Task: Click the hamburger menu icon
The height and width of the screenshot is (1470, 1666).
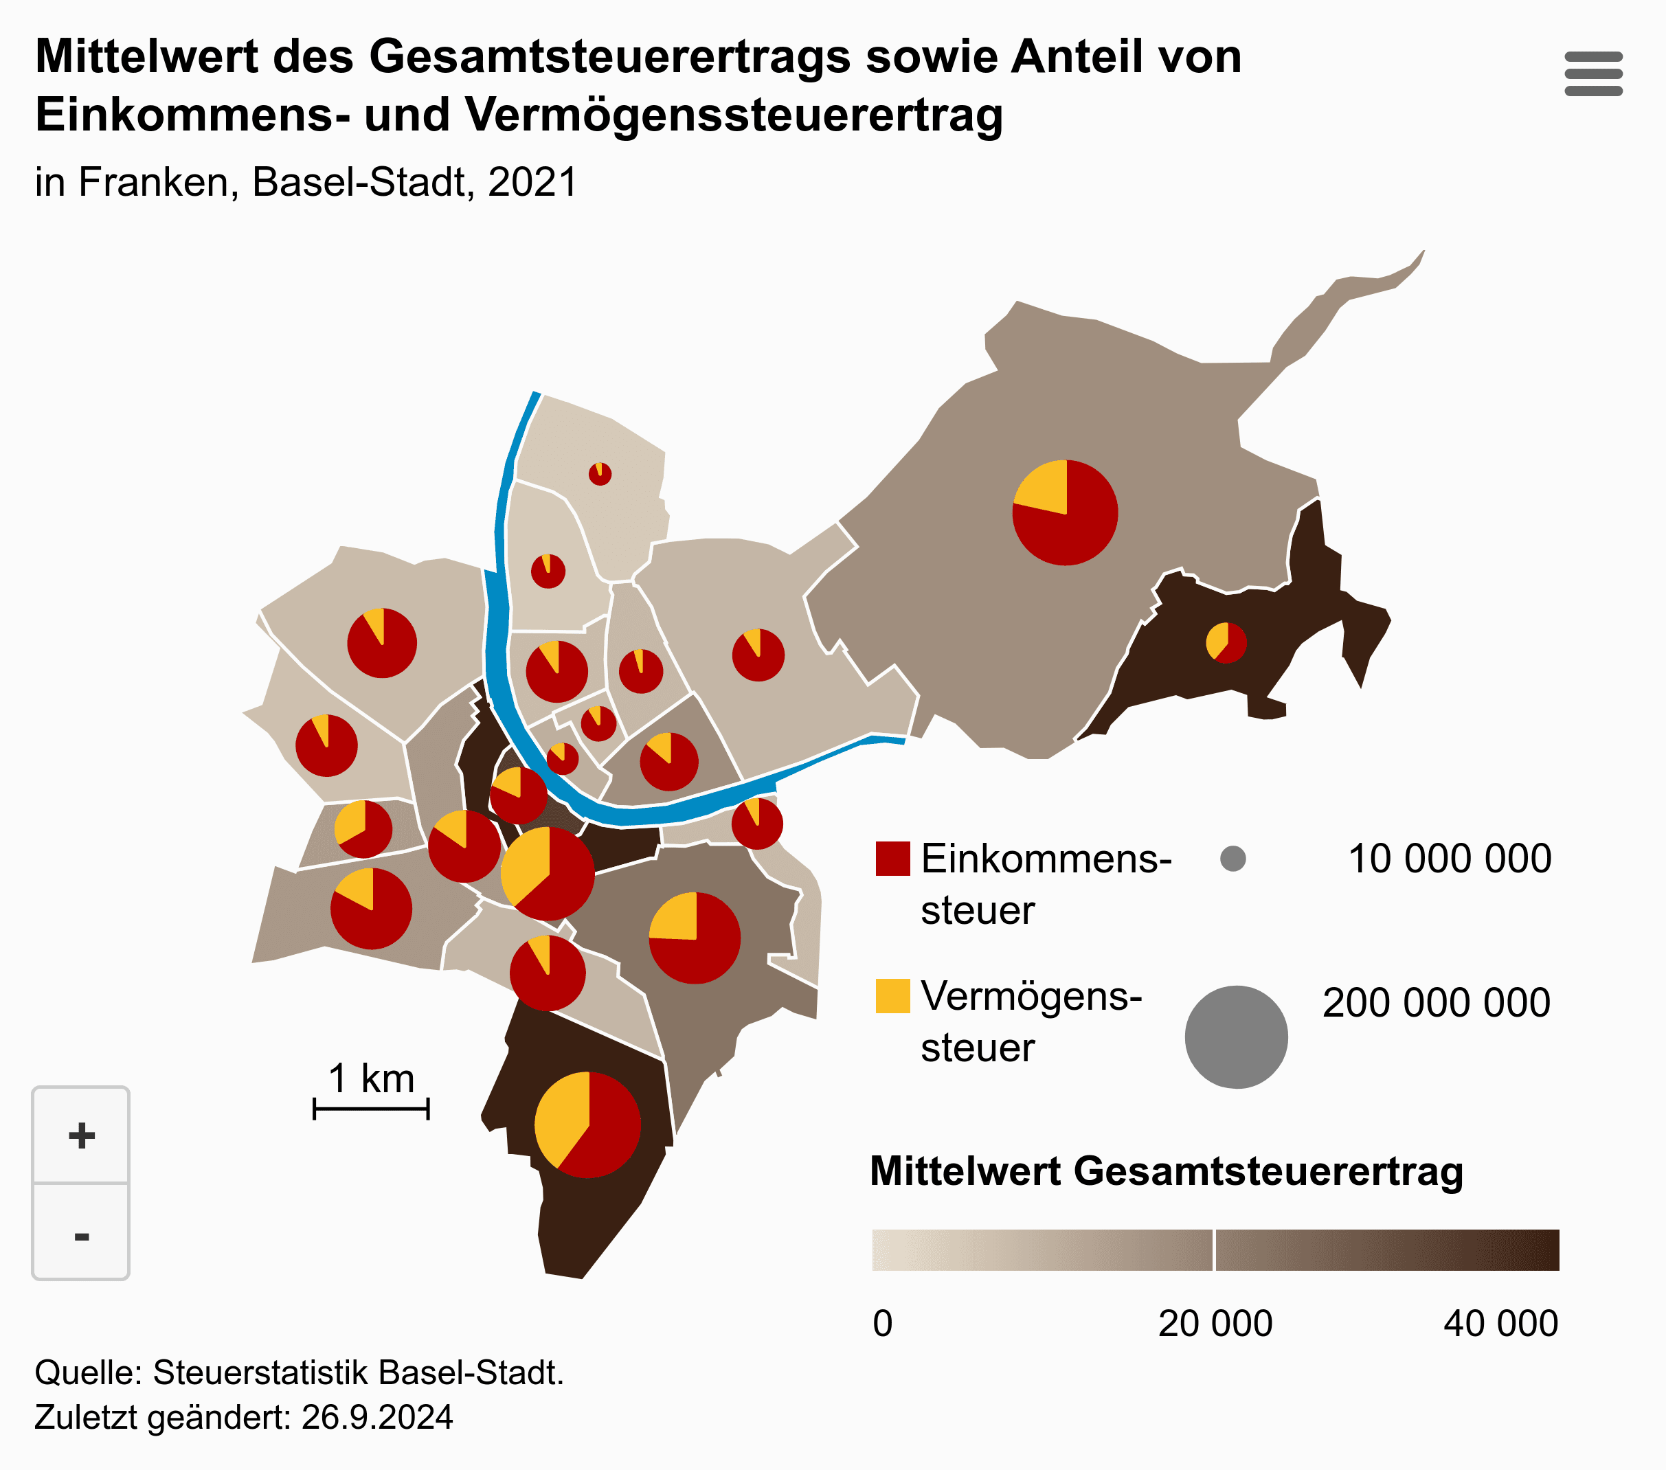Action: click(1592, 73)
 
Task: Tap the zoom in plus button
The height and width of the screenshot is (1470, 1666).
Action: click(80, 1135)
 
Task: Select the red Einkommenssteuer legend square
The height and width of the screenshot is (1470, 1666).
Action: click(892, 859)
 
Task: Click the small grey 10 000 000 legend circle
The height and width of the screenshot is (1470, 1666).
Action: click(1232, 859)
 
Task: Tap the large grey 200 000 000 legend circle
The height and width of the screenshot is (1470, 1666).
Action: click(1236, 1037)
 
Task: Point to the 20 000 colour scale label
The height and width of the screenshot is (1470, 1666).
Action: click(1215, 1323)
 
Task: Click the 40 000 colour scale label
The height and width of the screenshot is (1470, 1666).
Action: click(1500, 1323)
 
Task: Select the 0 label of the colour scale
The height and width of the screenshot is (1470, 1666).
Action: click(882, 1323)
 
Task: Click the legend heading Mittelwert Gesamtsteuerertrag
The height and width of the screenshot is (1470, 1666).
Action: click(1167, 1171)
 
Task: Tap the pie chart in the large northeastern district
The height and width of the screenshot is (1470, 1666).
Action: click(1064, 512)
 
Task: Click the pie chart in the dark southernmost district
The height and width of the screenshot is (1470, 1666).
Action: click(587, 1124)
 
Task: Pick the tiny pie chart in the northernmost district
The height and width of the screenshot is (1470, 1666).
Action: click(600, 473)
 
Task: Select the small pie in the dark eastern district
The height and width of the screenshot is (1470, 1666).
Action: click(1226, 643)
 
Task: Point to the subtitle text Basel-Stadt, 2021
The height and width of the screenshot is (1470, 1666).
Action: click(415, 182)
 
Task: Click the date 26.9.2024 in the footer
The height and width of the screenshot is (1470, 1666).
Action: click(376, 1417)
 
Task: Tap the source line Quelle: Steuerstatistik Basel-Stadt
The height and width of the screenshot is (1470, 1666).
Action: click(299, 1373)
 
